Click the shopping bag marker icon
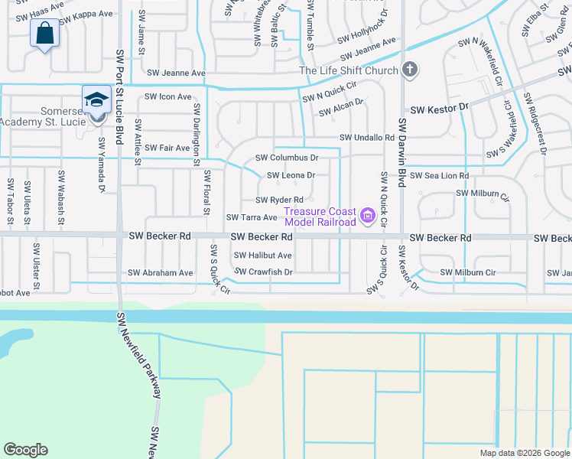pos(45,34)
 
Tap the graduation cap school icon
pos(96,100)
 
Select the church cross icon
pos(410,71)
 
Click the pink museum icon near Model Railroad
pos(367,217)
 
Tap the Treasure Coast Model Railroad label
pos(320,217)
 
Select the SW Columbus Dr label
pos(286,158)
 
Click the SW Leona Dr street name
pos(291,175)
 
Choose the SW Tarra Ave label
pos(251,217)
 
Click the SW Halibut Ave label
pos(262,256)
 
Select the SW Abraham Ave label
pos(161,272)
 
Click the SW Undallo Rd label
pos(367,138)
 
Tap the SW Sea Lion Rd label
pos(439,176)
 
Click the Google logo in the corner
pos(25,450)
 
